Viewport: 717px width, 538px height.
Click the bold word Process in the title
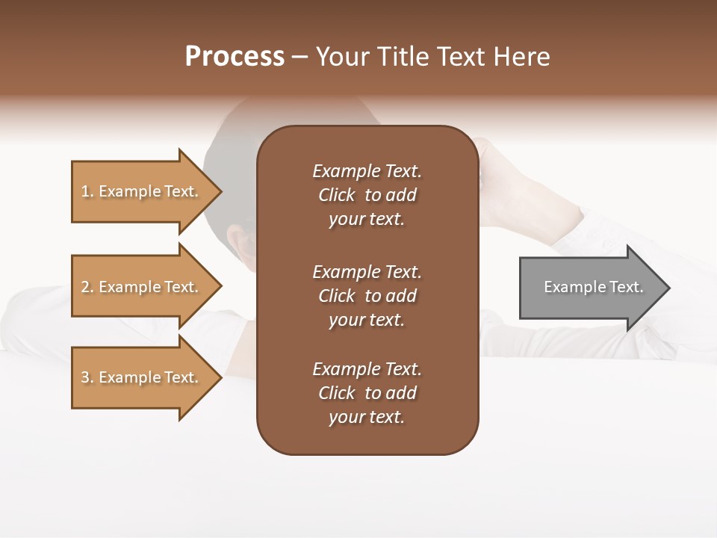[x=235, y=57]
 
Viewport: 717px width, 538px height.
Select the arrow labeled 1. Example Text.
[x=142, y=191]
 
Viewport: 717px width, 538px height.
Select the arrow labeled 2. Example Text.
[x=142, y=287]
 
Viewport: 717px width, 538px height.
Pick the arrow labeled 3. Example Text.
[x=142, y=377]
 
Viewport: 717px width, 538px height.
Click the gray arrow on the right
[x=590, y=288]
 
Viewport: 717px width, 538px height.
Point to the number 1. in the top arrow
[x=87, y=192]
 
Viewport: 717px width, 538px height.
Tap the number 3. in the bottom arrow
[x=87, y=378]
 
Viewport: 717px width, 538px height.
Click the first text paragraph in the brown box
[x=367, y=195]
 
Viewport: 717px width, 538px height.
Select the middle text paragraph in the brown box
[x=367, y=296]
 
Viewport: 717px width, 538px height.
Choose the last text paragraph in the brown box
[x=367, y=393]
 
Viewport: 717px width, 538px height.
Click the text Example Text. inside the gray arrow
[x=593, y=287]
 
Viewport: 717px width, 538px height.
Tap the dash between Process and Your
[x=300, y=58]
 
